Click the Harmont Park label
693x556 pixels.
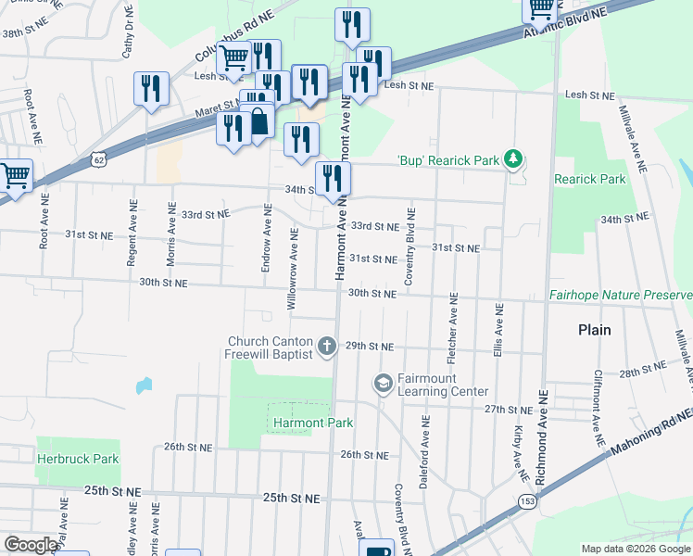313,423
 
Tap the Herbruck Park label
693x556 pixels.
78,458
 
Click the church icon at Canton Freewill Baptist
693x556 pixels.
326,347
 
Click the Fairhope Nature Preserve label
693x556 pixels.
620,295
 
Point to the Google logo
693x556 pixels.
31,545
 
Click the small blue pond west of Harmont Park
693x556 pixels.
143,384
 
